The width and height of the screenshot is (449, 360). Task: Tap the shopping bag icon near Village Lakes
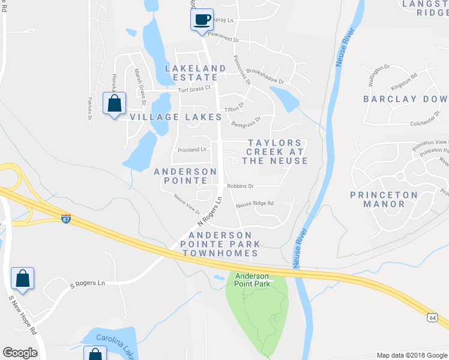point(114,103)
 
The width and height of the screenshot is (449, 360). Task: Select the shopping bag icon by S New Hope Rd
point(22,278)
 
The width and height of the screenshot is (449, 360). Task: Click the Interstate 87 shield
point(66,218)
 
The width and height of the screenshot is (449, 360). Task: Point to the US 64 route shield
point(433,317)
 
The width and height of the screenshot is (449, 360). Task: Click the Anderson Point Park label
point(252,280)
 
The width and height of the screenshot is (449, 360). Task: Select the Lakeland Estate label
point(196,73)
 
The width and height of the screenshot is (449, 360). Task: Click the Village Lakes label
point(167,117)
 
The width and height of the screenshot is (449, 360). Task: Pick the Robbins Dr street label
point(240,186)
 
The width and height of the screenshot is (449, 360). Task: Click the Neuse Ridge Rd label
point(255,203)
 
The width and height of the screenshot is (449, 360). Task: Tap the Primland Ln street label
point(192,149)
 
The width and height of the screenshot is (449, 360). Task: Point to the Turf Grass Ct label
point(196,88)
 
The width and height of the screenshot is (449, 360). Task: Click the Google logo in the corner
point(20,353)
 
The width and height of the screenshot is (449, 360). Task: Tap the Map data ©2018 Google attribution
point(411,355)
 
